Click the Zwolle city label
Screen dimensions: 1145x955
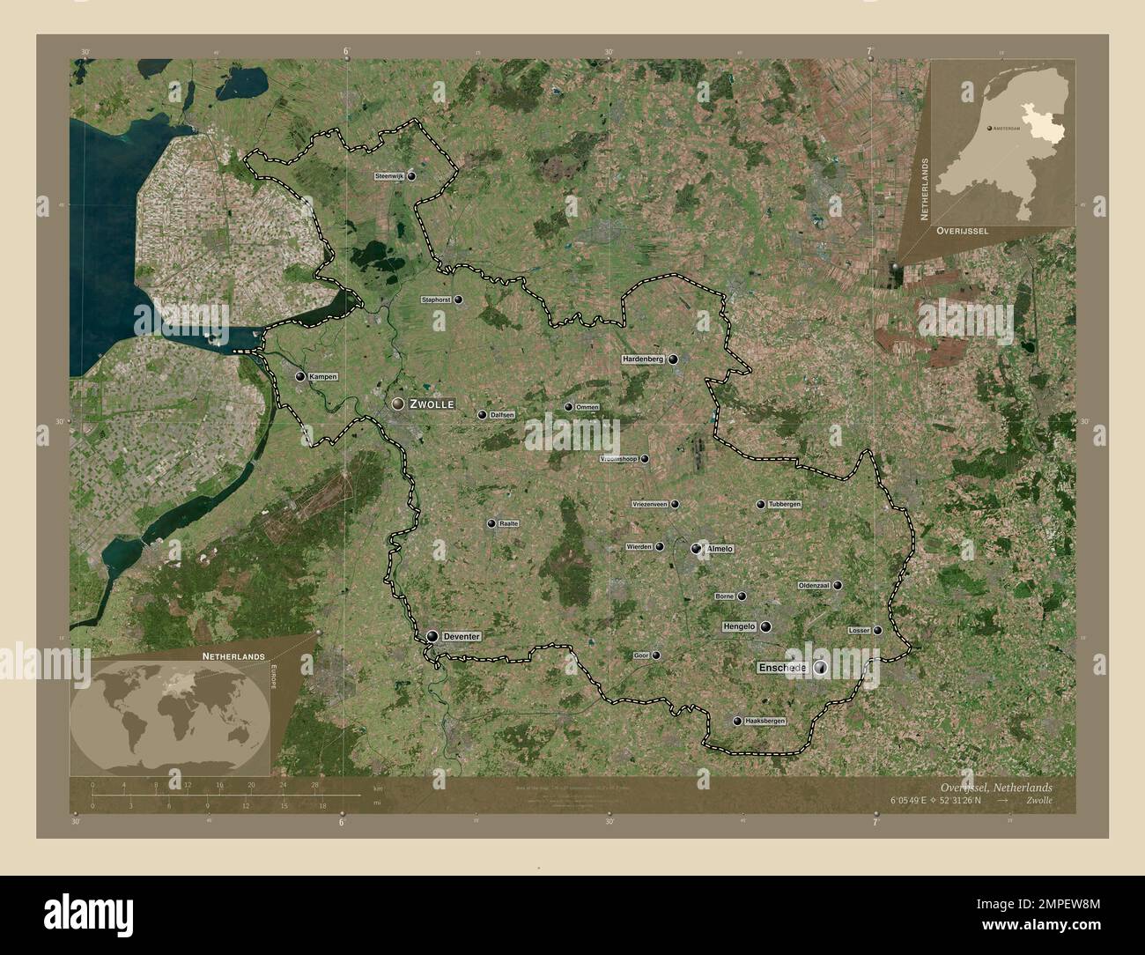click(432, 403)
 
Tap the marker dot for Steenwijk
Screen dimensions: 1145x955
click(411, 176)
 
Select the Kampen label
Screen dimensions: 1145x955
click(323, 377)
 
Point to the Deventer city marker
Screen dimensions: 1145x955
click(432, 636)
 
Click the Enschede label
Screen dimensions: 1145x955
click(782, 669)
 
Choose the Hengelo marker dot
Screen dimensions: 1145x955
click(765, 626)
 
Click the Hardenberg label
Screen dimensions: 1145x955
click(643, 359)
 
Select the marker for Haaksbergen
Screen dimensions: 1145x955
click(737, 721)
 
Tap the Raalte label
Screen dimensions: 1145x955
click(508, 523)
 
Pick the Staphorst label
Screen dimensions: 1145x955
click(437, 300)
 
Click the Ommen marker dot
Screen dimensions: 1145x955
click(569, 407)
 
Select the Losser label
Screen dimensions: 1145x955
click(859, 630)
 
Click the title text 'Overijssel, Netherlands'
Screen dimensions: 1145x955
click(994, 786)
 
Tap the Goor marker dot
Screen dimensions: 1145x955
click(655, 655)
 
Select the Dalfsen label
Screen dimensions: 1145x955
click(502, 415)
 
